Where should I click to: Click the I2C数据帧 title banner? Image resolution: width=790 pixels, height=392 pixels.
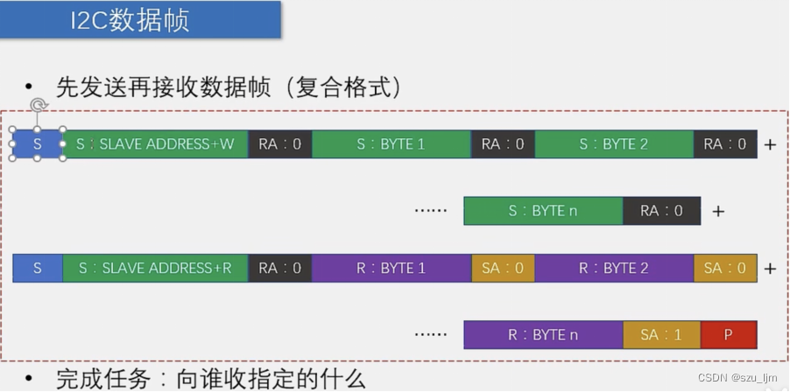[x=140, y=19]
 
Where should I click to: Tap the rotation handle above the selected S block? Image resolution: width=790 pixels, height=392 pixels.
[x=38, y=107]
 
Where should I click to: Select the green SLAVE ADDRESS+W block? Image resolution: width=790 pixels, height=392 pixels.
[x=155, y=144]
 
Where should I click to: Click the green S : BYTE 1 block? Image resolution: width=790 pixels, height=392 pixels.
[x=391, y=144]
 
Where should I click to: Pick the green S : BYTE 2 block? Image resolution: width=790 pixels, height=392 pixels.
[x=613, y=144]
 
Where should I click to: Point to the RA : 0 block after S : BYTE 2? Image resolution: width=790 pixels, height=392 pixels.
[x=725, y=144]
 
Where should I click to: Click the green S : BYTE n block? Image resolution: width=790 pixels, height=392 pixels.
[x=543, y=211]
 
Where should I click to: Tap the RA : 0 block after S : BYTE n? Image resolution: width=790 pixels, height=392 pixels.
[x=661, y=211]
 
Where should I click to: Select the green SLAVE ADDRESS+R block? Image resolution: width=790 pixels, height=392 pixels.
[x=155, y=268]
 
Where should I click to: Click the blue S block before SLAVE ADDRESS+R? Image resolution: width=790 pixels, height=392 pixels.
[x=38, y=268]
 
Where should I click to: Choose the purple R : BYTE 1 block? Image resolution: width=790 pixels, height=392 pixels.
[x=391, y=268]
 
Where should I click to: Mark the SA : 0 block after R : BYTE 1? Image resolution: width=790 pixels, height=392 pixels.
[x=503, y=268]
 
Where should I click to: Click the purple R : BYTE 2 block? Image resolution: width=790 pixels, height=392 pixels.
[x=613, y=268]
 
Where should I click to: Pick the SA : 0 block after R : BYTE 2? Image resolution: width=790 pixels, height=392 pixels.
[x=725, y=268]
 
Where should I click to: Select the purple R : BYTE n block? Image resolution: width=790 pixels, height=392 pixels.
[x=543, y=334]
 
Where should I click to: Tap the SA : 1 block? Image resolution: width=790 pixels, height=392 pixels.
[x=661, y=334]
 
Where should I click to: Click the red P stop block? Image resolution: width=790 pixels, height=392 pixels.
[x=729, y=334]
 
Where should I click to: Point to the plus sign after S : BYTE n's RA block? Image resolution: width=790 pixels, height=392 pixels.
[x=718, y=212]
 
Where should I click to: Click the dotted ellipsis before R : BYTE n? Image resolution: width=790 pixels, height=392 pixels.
[x=430, y=334]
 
